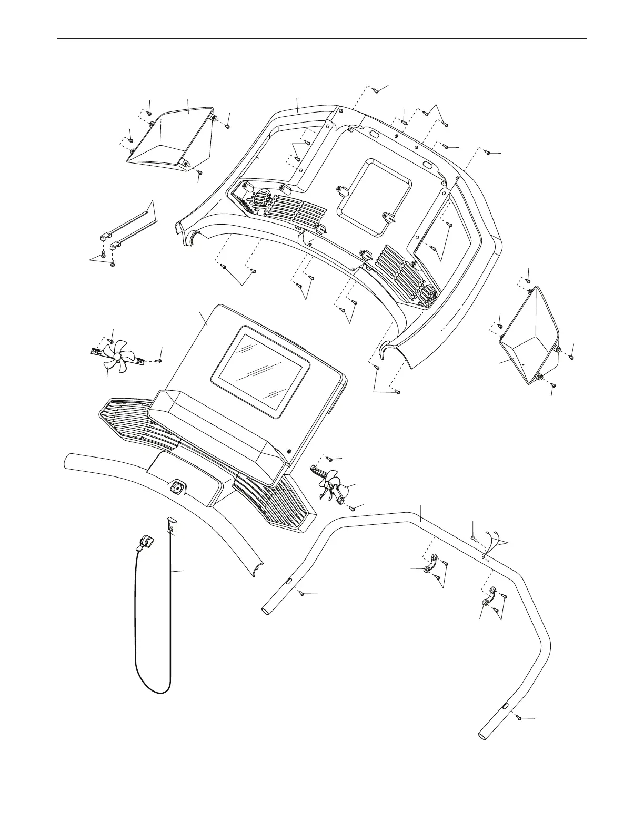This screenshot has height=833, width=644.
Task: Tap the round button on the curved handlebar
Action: [x=176, y=489]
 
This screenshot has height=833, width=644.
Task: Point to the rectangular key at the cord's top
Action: [x=171, y=524]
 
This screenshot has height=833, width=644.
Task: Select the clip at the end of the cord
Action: [x=146, y=542]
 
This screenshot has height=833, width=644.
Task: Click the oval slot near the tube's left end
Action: [x=288, y=582]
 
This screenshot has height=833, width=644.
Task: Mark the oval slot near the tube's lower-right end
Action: [x=505, y=706]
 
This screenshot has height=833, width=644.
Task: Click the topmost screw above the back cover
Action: [x=377, y=90]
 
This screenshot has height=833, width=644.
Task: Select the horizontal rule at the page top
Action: [x=321, y=38]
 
